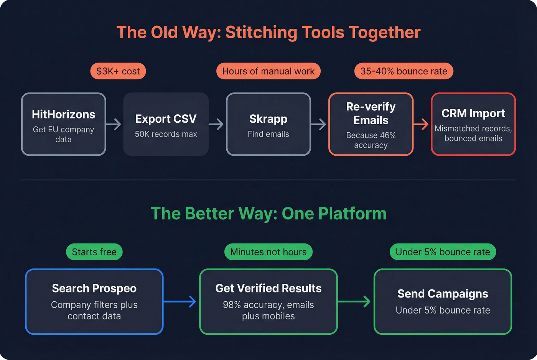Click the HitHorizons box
click(x=63, y=124)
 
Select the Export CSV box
click(x=166, y=124)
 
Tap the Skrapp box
click(x=268, y=124)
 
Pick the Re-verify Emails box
click(x=371, y=124)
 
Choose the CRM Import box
click(x=473, y=124)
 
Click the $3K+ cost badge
click(x=118, y=71)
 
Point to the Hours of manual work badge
click(x=268, y=71)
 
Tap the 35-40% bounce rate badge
click(x=404, y=71)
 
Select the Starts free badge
click(x=94, y=252)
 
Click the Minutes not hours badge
click(x=268, y=252)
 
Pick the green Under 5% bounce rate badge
click(x=443, y=252)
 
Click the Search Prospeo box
click(x=94, y=302)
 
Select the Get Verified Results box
click(x=268, y=302)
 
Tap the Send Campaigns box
click(x=443, y=302)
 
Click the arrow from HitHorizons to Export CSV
click(x=114, y=124)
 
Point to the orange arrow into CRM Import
click(x=422, y=124)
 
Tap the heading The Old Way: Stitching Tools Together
click(x=268, y=33)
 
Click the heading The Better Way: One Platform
click(x=268, y=214)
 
